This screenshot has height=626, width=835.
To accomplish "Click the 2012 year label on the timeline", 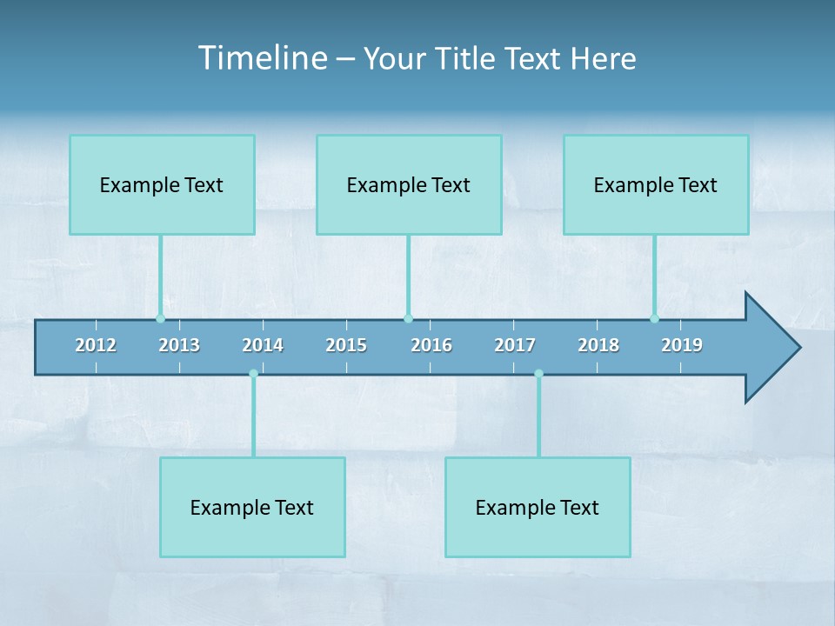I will tap(96, 345).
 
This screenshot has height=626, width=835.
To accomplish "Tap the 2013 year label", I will tap(179, 345).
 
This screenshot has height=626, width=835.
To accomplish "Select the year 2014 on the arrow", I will tap(263, 345).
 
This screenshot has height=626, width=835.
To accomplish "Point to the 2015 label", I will tap(346, 345).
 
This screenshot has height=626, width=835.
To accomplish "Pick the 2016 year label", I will tap(431, 345).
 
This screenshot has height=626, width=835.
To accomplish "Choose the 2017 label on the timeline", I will tap(515, 345).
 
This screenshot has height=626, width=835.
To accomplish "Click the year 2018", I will tap(598, 345).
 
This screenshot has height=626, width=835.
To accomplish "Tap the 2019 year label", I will tap(682, 345).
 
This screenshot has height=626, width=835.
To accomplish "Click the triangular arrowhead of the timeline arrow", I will tap(771, 348).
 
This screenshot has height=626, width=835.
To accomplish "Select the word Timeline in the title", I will tap(262, 58).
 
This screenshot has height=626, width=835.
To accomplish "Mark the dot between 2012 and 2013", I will tap(160, 318).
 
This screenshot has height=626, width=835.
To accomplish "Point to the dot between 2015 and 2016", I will tap(408, 318).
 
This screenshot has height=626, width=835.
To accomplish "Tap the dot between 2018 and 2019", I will tap(654, 318).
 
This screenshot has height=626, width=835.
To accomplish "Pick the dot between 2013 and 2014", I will tap(253, 374).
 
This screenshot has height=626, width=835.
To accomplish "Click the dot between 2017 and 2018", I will tap(538, 374).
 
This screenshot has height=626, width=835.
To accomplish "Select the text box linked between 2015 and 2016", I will tap(409, 184).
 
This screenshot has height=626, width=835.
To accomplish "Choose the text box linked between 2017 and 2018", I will tap(538, 507).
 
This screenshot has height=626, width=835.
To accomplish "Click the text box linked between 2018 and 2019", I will tap(656, 184).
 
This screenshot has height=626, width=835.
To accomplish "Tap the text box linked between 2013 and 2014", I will tap(252, 507).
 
